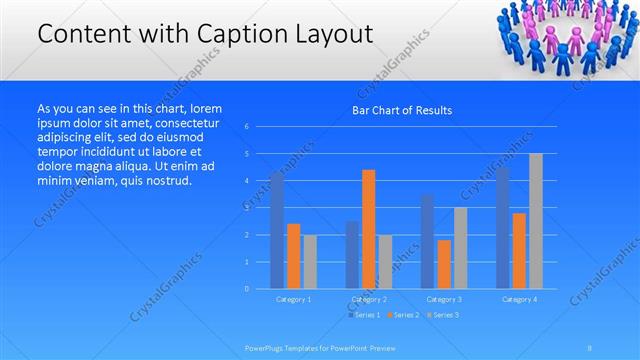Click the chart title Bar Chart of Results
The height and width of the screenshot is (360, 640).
point(401,110)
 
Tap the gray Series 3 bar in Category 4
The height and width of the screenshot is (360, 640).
point(536,221)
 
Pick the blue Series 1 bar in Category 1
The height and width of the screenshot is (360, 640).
point(277,230)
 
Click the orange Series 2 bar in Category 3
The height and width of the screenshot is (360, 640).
point(444,264)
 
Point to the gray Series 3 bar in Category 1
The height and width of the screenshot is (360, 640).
point(310,262)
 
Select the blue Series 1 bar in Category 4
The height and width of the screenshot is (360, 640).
point(502,228)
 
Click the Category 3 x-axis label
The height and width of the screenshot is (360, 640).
point(444,299)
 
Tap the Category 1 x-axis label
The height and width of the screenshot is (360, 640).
point(294,299)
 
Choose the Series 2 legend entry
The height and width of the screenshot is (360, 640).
point(403,315)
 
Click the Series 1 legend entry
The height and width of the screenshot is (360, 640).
point(365,315)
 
